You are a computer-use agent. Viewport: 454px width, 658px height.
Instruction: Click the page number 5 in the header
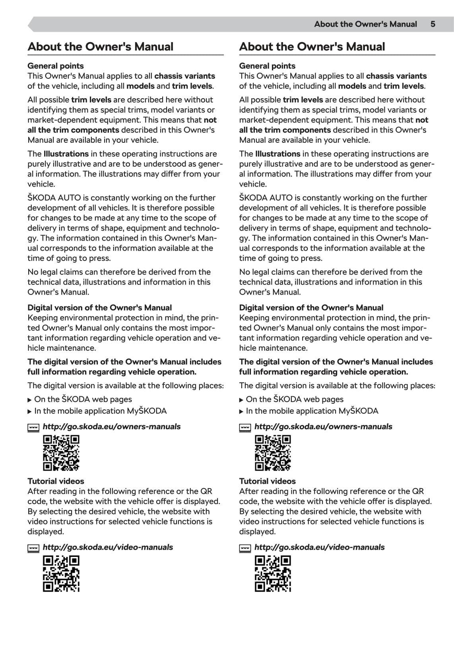(x=433, y=24)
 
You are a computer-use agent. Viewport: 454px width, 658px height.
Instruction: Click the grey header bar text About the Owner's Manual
(x=365, y=24)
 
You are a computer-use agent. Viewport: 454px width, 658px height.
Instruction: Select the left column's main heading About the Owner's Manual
(x=100, y=47)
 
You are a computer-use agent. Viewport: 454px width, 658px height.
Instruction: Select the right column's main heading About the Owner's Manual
(x=312, y=47)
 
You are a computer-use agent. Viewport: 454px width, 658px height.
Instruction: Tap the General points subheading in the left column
(x=56, y=66)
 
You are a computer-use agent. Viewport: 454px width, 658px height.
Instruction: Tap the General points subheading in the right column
(x=267, y=66)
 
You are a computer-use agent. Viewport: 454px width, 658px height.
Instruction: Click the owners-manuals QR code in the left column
(x=61, y=453)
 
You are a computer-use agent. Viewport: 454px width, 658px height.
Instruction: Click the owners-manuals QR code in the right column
(x=273, y=453)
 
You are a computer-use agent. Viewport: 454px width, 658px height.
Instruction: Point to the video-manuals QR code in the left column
(x=61, y=574)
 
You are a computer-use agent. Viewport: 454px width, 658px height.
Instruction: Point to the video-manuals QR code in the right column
(x=273, y=574)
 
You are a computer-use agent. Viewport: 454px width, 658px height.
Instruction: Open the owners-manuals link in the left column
(x=111, y=426)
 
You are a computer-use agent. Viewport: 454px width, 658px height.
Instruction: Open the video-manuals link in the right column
(x=319, y=547)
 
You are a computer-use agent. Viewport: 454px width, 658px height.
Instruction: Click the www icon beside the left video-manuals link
(x=33, y=548)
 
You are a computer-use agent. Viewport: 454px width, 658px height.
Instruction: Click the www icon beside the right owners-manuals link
(x=245, y=428)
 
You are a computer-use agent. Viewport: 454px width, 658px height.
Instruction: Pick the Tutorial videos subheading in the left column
(x=56, y=481)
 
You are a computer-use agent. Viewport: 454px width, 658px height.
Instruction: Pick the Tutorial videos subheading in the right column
(x=267, y=481)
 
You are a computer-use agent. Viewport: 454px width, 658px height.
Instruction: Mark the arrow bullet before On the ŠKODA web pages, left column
(x=29, y=400)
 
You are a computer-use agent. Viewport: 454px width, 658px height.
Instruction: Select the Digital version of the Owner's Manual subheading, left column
(x=99, y=308)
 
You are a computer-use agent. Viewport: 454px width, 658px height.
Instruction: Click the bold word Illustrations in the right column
(x=277, y=154)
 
